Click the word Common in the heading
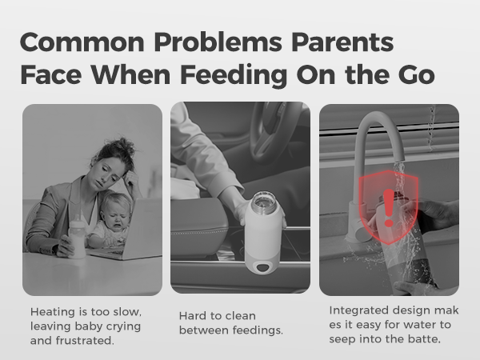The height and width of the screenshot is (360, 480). click(82, 42)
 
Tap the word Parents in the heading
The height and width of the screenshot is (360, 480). click(342, 42)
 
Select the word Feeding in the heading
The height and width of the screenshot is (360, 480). click(234, 76)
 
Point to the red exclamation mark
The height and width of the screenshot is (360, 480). click(389, 208)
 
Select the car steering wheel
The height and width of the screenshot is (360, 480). click(275, 132)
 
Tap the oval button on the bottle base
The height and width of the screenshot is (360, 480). click(262, 267)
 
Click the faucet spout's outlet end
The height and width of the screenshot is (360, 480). click(399, 160)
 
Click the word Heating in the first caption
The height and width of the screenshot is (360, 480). click(53, 312)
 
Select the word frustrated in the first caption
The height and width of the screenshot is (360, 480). click(85, 341)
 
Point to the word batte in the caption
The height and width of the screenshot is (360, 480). click(424, 339)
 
